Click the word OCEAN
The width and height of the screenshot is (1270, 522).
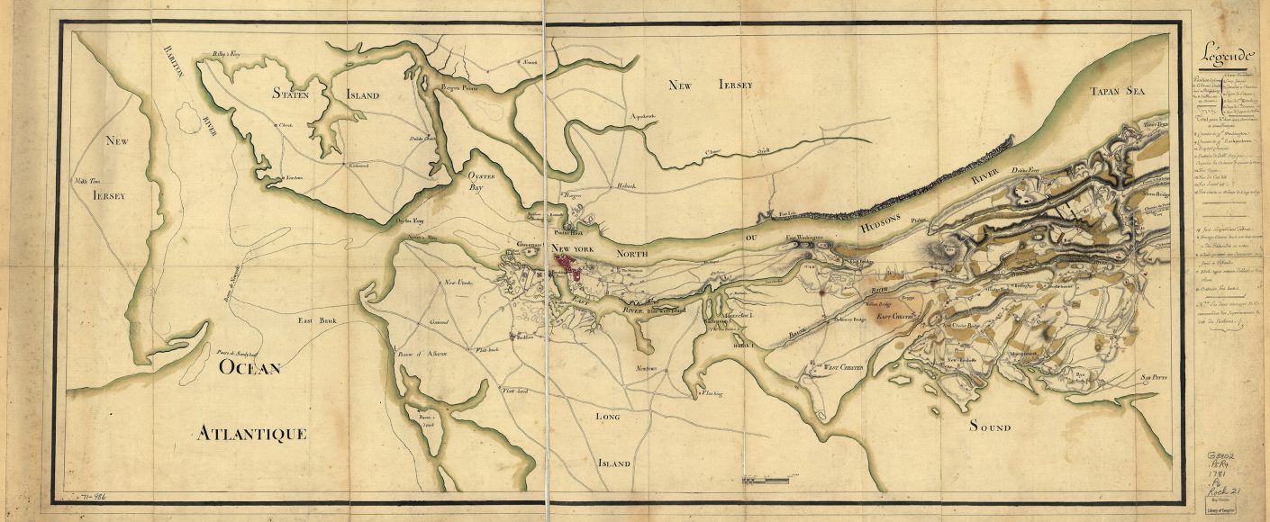249,368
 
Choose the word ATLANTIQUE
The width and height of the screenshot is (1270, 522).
252,435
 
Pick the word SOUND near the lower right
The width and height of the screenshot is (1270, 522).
990,427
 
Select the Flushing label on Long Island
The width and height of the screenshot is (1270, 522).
711,392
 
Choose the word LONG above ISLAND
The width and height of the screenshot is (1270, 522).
610,418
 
